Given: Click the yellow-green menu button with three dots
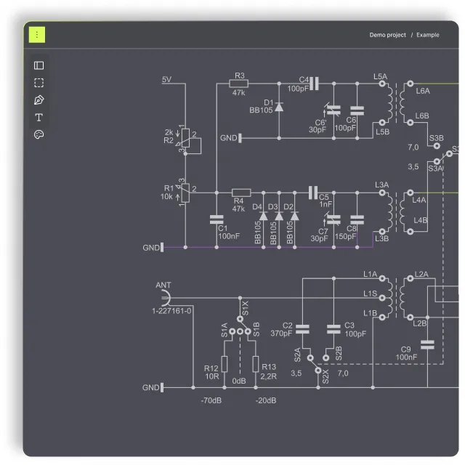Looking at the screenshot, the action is coord(37,35).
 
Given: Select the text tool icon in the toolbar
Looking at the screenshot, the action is coord(39,118).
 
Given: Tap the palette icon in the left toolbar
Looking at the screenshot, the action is coord(39,134).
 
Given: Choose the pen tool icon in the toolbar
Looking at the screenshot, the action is coord(39,100).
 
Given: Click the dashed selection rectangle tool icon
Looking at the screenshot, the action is coord(39,83).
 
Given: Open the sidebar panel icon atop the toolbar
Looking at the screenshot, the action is coord(39,65).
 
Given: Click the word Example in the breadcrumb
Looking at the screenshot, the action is coord(428,35).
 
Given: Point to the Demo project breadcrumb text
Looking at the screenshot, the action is coord(387,35).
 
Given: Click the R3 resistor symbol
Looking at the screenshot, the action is coord(239,84).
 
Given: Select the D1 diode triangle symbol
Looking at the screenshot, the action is coord(279,107).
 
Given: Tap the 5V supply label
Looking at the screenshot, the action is coord(166,79).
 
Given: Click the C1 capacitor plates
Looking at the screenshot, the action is coord(217,219).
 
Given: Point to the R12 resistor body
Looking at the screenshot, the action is coord(225,364).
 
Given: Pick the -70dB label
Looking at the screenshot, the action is coord(211,400).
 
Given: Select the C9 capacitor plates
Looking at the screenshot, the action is coord(427,344).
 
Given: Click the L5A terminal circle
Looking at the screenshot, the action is coord(382,84).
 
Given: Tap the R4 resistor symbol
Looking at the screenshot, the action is coord(241,193).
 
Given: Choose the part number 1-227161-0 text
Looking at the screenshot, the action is coord(171,311).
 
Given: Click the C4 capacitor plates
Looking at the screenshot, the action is coord(314,84).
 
